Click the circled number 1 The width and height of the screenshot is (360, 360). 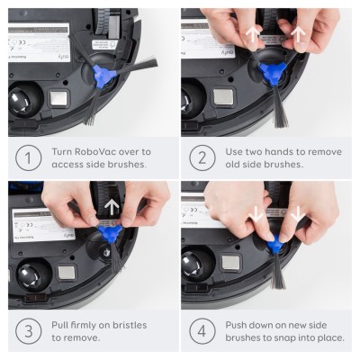pyautogui.click(x=28, y=158)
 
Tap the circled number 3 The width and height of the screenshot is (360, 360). pyautogui.click(x=28, y=330)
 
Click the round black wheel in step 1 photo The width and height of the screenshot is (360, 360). pyautogui.click(x=24, y=99)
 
